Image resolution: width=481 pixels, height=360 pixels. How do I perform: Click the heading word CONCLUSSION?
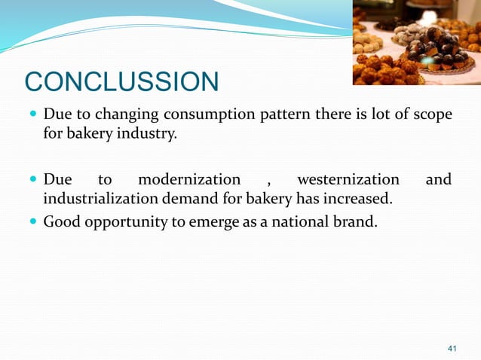pyautogui.click(x=121, y=82)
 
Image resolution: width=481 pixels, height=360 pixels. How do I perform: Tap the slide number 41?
pyautogui.click(x=452, y=348)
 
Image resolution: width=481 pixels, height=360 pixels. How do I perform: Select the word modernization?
pyautogui.click(x=189, y=180)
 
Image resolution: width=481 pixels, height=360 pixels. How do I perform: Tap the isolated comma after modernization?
pyautogui.click(x=269, y=182)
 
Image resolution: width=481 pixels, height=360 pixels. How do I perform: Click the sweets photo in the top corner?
pyautogui.click(x=415, y=42)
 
